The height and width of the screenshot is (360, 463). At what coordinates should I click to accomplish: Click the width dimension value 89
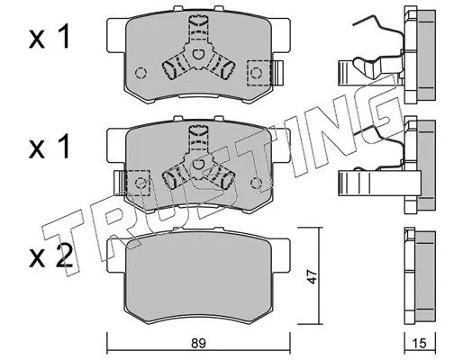198,343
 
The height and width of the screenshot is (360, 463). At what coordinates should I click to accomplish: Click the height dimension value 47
313,276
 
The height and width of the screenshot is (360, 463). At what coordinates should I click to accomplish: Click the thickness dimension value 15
419,343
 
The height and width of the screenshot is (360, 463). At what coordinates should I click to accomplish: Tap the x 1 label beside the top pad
50,37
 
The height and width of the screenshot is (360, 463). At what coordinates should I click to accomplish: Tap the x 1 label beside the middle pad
50,147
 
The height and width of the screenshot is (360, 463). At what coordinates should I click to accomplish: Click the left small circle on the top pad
141,73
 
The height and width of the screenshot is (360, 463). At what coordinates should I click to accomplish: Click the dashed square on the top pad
259,73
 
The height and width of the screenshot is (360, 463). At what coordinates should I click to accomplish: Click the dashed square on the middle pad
138,183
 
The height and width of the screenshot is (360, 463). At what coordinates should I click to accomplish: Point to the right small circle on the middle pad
256,183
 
